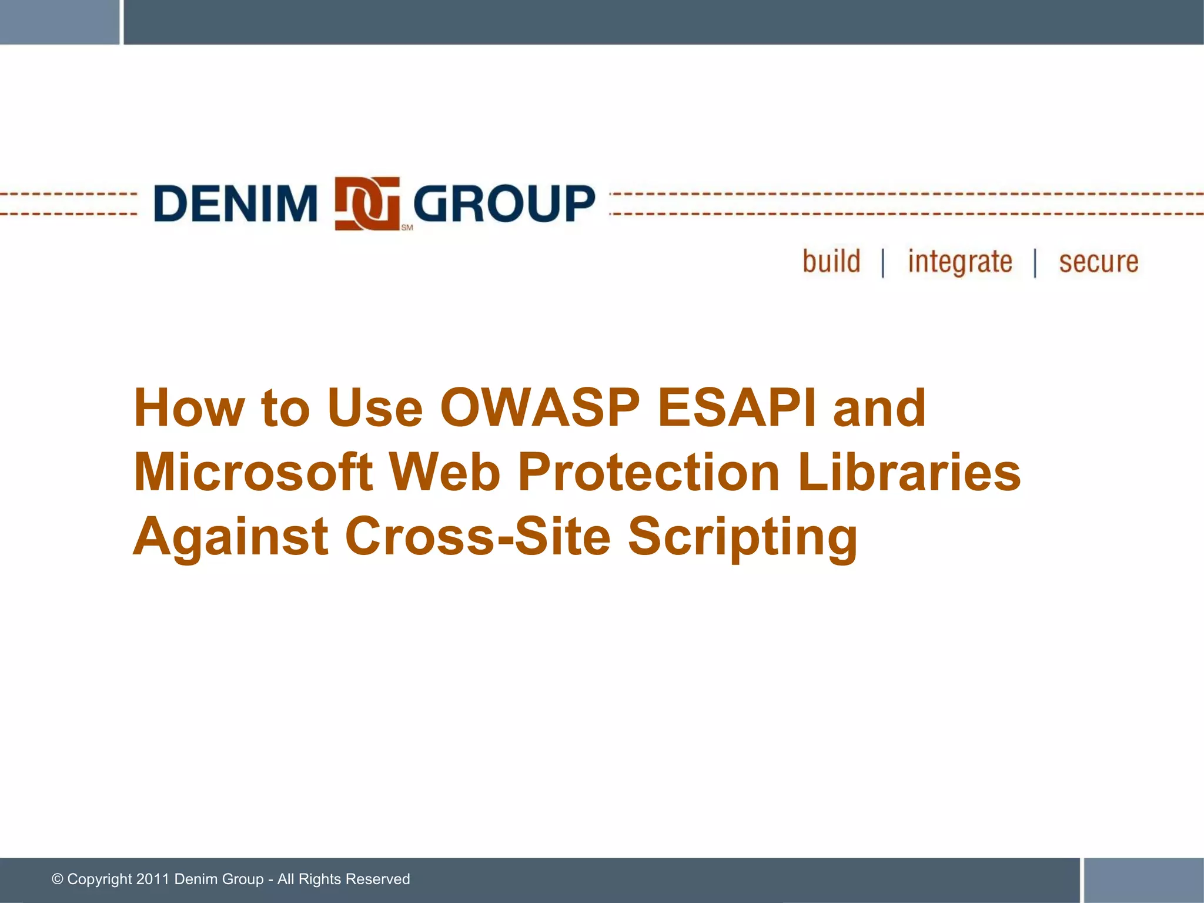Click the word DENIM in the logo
[235, 203]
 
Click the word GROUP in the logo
[504, 203]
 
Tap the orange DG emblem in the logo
[367, 203]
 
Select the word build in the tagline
[831, 261]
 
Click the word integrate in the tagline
[959, 262]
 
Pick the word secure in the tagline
[1098, 262]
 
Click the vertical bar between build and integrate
[883, 263]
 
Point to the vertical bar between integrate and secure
[1035, 263]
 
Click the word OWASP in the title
[540, 407]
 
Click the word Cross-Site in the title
[477, 536]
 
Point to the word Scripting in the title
[743, 537]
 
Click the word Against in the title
[230, 537]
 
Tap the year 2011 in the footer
[152, 879]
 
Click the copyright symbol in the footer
[58, 879]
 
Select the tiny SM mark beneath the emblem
[407, 228]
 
